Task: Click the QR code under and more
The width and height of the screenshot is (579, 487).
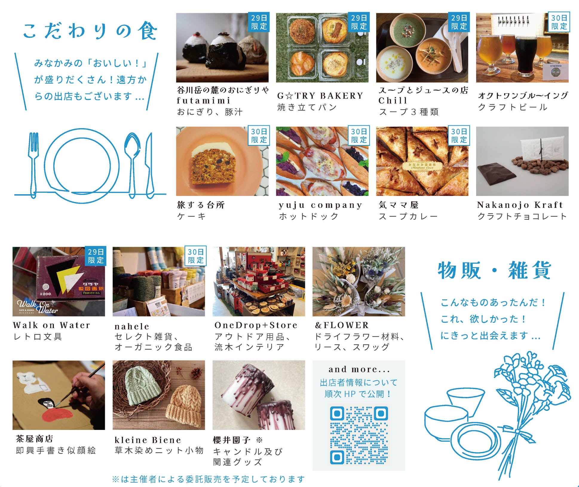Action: tap(359, 435)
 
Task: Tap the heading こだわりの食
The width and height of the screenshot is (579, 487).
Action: tap(90, 31)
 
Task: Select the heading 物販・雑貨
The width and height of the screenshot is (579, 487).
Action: tap(494, 270)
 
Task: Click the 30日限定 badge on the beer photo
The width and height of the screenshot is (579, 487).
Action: tap(559, 22)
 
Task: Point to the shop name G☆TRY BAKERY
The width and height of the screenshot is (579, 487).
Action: tap(320, 96)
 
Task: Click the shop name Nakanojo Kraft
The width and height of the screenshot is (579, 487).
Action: tap(520, 205)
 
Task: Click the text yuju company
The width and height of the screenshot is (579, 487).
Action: tap(320, 205)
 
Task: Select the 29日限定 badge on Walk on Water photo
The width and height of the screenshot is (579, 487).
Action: tap(96, 256)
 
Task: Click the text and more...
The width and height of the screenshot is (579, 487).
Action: tap(359, 369)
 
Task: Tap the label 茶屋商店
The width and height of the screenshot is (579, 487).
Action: tap(35, 439)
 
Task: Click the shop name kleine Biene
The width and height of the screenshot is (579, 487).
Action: tap(148, 440)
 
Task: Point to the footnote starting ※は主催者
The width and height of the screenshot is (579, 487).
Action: tap(208, 479)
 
